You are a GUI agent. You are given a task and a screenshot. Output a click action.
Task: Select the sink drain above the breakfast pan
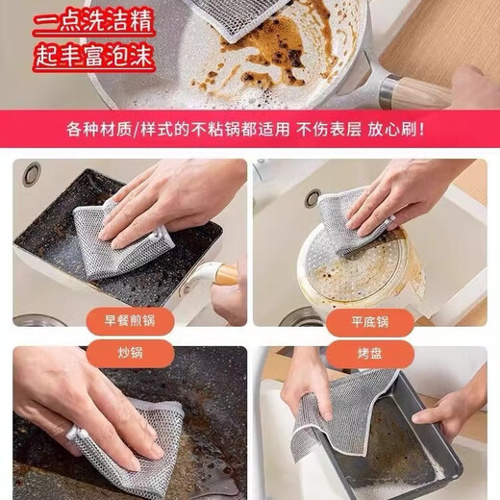pyautogui.click(x=32, y=174)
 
